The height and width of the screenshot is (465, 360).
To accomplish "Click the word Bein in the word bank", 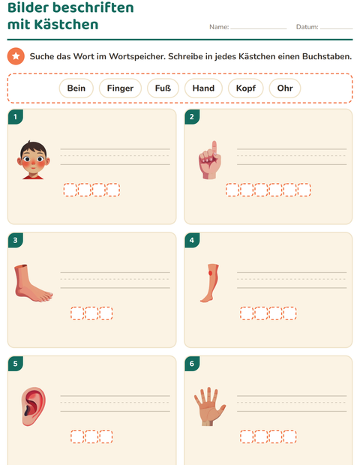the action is tap(76, 88).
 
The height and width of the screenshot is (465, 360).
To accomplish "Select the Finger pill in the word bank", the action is tap(120, 88).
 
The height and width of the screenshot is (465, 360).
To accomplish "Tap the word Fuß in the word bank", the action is tap(163, 88).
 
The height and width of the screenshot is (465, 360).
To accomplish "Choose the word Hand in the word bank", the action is tap(203, 88).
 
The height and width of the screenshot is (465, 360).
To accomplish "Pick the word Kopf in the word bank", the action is tap(246, 88).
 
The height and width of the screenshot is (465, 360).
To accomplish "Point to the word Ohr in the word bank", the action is tap(285, 88).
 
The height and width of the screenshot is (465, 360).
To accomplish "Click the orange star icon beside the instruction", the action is tap(16, 56).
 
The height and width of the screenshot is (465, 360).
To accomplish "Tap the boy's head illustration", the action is tap(33, 160).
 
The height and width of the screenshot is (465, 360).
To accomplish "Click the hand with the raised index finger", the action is tap(210, 160).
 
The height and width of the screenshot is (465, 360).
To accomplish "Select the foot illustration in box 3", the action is tap(34, 283).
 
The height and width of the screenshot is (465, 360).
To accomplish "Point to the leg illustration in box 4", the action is tap(210, 283).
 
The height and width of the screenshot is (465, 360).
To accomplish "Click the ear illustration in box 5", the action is tap(34, 406).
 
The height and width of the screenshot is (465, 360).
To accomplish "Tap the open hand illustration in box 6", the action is tap(210, 406).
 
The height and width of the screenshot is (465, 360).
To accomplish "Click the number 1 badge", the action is tap(16, 116).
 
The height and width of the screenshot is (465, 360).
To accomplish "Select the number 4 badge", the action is tap(192, 240).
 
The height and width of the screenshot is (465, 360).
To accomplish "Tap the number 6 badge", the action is tap(192, 363).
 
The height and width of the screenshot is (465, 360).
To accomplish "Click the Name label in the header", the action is tap(219, 27).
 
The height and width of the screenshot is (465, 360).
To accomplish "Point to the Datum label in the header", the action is tap(307, 27).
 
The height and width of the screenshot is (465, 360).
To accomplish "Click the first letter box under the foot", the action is tap(77, 313).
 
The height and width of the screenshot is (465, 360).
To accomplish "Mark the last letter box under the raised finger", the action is tap(304, 190).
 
